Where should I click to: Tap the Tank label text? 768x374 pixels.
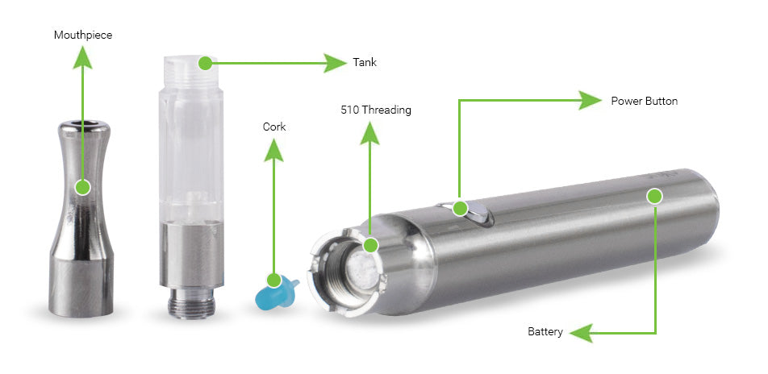point(364,62)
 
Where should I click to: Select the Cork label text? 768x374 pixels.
point(274,127)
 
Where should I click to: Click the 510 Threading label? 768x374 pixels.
point(375,110)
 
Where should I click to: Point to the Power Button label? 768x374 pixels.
point(644,101)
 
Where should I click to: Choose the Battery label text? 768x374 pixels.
point(545,331)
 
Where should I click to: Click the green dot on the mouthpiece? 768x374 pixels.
point(81,187)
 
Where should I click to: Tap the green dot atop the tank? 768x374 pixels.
point(205,62)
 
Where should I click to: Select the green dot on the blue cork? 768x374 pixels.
point(274,280)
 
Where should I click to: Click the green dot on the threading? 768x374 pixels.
point(370,244)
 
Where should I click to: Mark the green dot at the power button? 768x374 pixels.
point(460,208)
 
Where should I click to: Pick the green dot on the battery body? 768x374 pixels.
point(654,195)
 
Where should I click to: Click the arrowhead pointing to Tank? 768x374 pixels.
point(334,62)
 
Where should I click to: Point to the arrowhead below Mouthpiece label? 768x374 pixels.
point(81,56)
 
